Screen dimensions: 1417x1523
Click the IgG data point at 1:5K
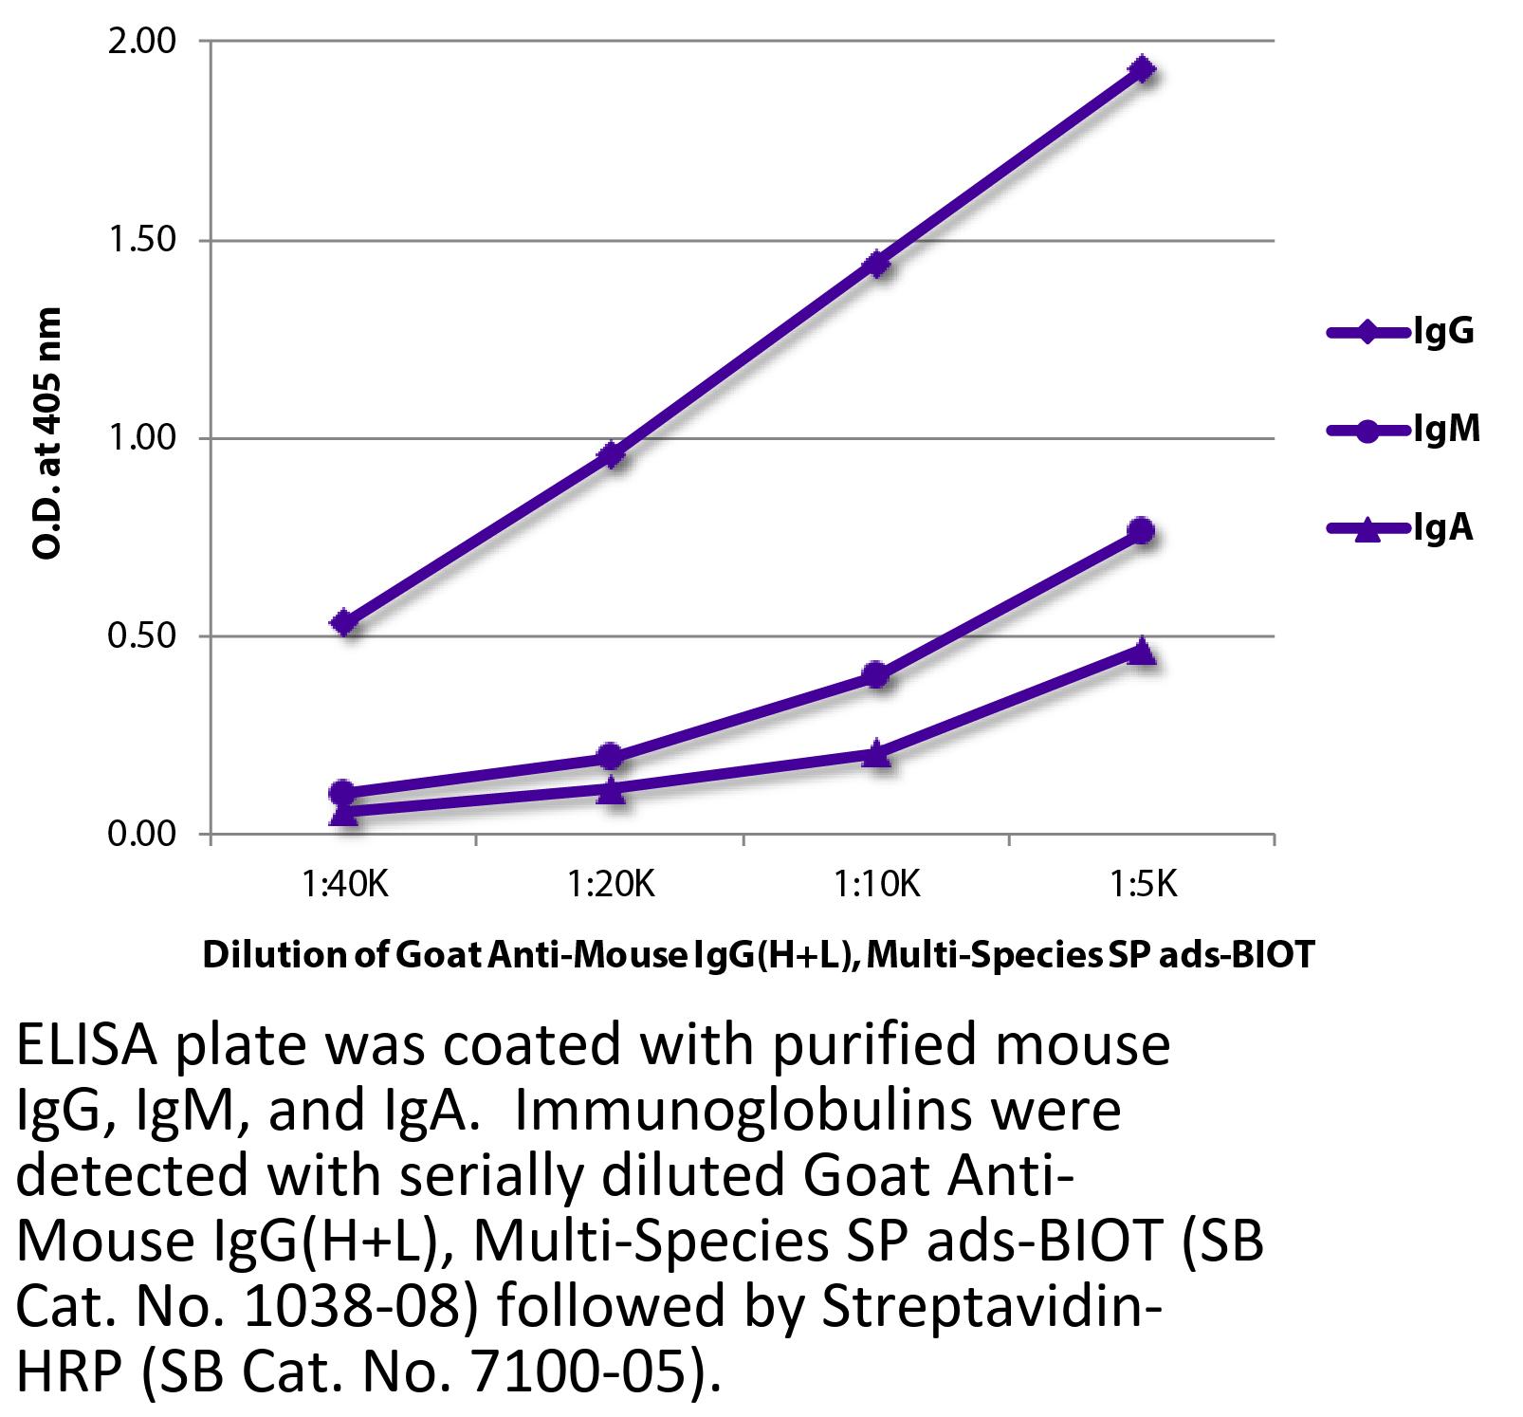click(x=1142, y=69)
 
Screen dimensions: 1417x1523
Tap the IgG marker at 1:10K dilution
click(x=877, y=263)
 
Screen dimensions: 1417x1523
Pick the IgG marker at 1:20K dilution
click(x=612, y=455)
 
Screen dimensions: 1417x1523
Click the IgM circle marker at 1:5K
click(x=1142, y=530)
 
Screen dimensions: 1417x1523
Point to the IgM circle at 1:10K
click(x=876, y=675)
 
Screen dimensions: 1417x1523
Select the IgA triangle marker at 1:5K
click(x=1143, y=651)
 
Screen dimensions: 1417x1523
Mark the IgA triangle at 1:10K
click(x=877, y=754)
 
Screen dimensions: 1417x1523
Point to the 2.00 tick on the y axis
click(x=141, y=42)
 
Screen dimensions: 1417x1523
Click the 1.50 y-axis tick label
click(x=141, y=240)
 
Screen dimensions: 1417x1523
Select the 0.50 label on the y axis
click(x=141, y=636)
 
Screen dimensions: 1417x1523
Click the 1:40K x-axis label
click(x=345, y=885)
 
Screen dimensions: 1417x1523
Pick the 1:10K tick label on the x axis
click(x=877, y=885)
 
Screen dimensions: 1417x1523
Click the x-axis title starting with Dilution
click(x=759, y=955)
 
